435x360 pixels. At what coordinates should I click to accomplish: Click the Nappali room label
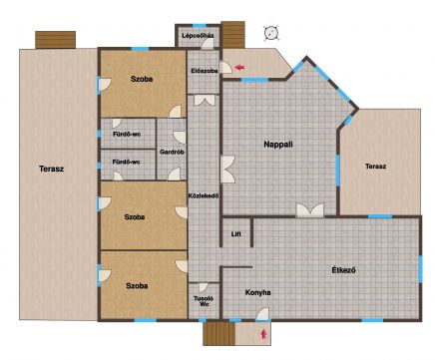(278, 145)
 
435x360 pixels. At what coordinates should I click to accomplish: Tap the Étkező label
(343, 270)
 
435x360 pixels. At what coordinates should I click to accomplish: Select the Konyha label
(257, 292)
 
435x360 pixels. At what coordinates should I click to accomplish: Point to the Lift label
(236, 234)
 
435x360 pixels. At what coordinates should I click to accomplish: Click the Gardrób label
(172, 152)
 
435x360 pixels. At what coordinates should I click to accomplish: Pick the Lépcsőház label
(198, 35)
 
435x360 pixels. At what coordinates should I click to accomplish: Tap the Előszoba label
(205, 71)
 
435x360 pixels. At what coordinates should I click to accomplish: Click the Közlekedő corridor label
(204, 195)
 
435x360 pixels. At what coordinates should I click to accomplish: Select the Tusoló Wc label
(204, 301)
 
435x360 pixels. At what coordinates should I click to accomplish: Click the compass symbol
(271, 33)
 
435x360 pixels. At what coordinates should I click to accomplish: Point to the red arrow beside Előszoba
(239, 68)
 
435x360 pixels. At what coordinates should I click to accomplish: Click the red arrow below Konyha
(263, 334)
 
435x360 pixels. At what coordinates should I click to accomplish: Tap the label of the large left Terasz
(51, 169)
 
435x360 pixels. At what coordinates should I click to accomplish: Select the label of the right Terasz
(375, 167)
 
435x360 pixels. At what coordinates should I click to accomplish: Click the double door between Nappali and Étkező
(310, 210)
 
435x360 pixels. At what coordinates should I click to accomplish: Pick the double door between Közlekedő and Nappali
(227, 170)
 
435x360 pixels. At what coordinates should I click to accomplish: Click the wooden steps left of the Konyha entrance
(219, 334)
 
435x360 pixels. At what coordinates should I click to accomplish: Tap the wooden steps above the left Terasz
(56, 40)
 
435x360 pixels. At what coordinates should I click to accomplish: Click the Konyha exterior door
(262, 314)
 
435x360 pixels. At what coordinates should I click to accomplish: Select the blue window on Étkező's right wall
(421, 269)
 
